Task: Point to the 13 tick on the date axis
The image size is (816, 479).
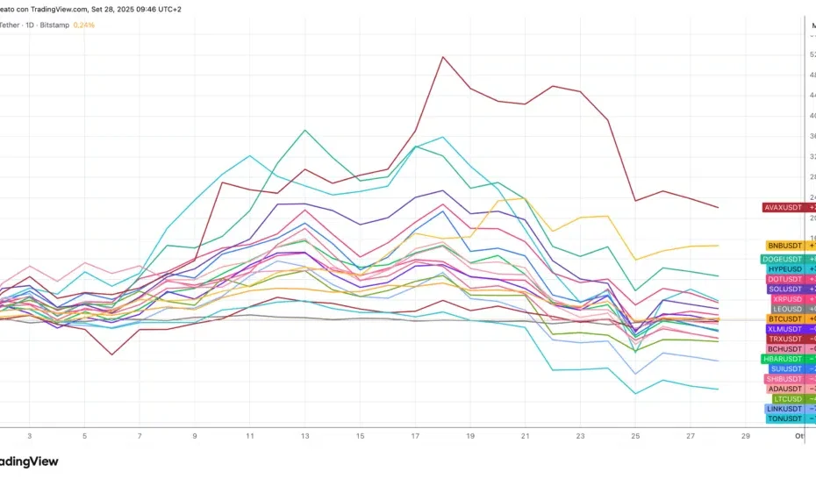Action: pos(305,435)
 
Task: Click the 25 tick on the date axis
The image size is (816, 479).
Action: pos(636,435)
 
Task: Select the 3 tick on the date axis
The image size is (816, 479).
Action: pos(30,435)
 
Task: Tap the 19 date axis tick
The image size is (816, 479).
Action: pos(470,435)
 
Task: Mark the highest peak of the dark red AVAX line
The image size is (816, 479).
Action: pos(443,57)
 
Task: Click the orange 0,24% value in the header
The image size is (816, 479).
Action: pos(83,25)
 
